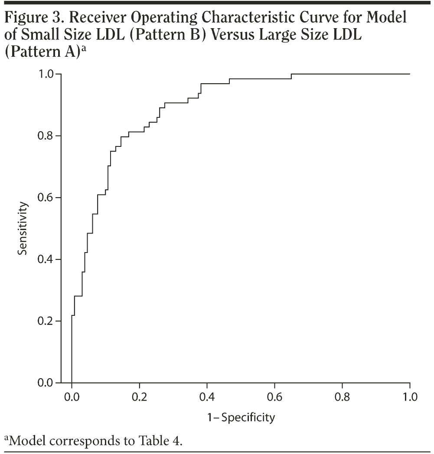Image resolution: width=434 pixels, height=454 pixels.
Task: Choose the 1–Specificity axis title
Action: click(241, 417)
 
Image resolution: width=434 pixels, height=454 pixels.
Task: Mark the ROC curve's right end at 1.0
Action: click(409, 74)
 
